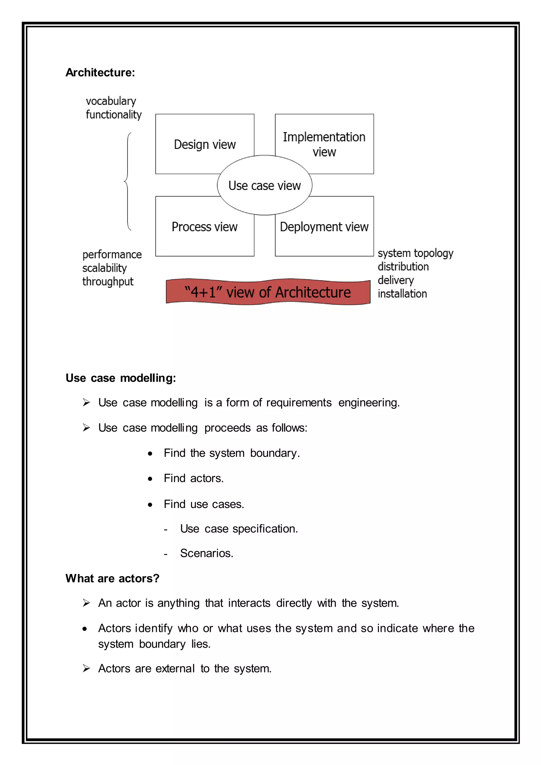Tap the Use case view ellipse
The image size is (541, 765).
264,185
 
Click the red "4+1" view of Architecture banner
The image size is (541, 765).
268,292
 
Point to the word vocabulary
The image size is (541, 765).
111,101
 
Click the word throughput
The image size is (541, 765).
108,282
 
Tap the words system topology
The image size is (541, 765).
416,253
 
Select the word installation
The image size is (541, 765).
402,294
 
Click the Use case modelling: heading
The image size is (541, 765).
121,378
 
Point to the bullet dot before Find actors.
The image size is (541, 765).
150,479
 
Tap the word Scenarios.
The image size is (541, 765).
207,553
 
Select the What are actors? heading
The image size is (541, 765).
113,579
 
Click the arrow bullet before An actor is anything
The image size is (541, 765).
86,603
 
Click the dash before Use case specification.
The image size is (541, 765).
166,529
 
